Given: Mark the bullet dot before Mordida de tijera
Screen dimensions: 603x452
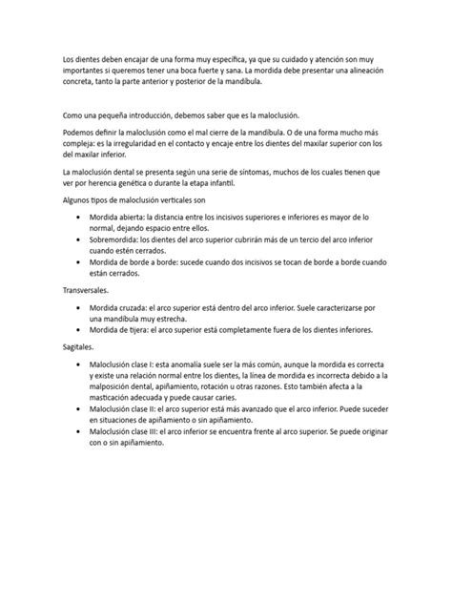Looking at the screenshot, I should (x=78, y=327).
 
